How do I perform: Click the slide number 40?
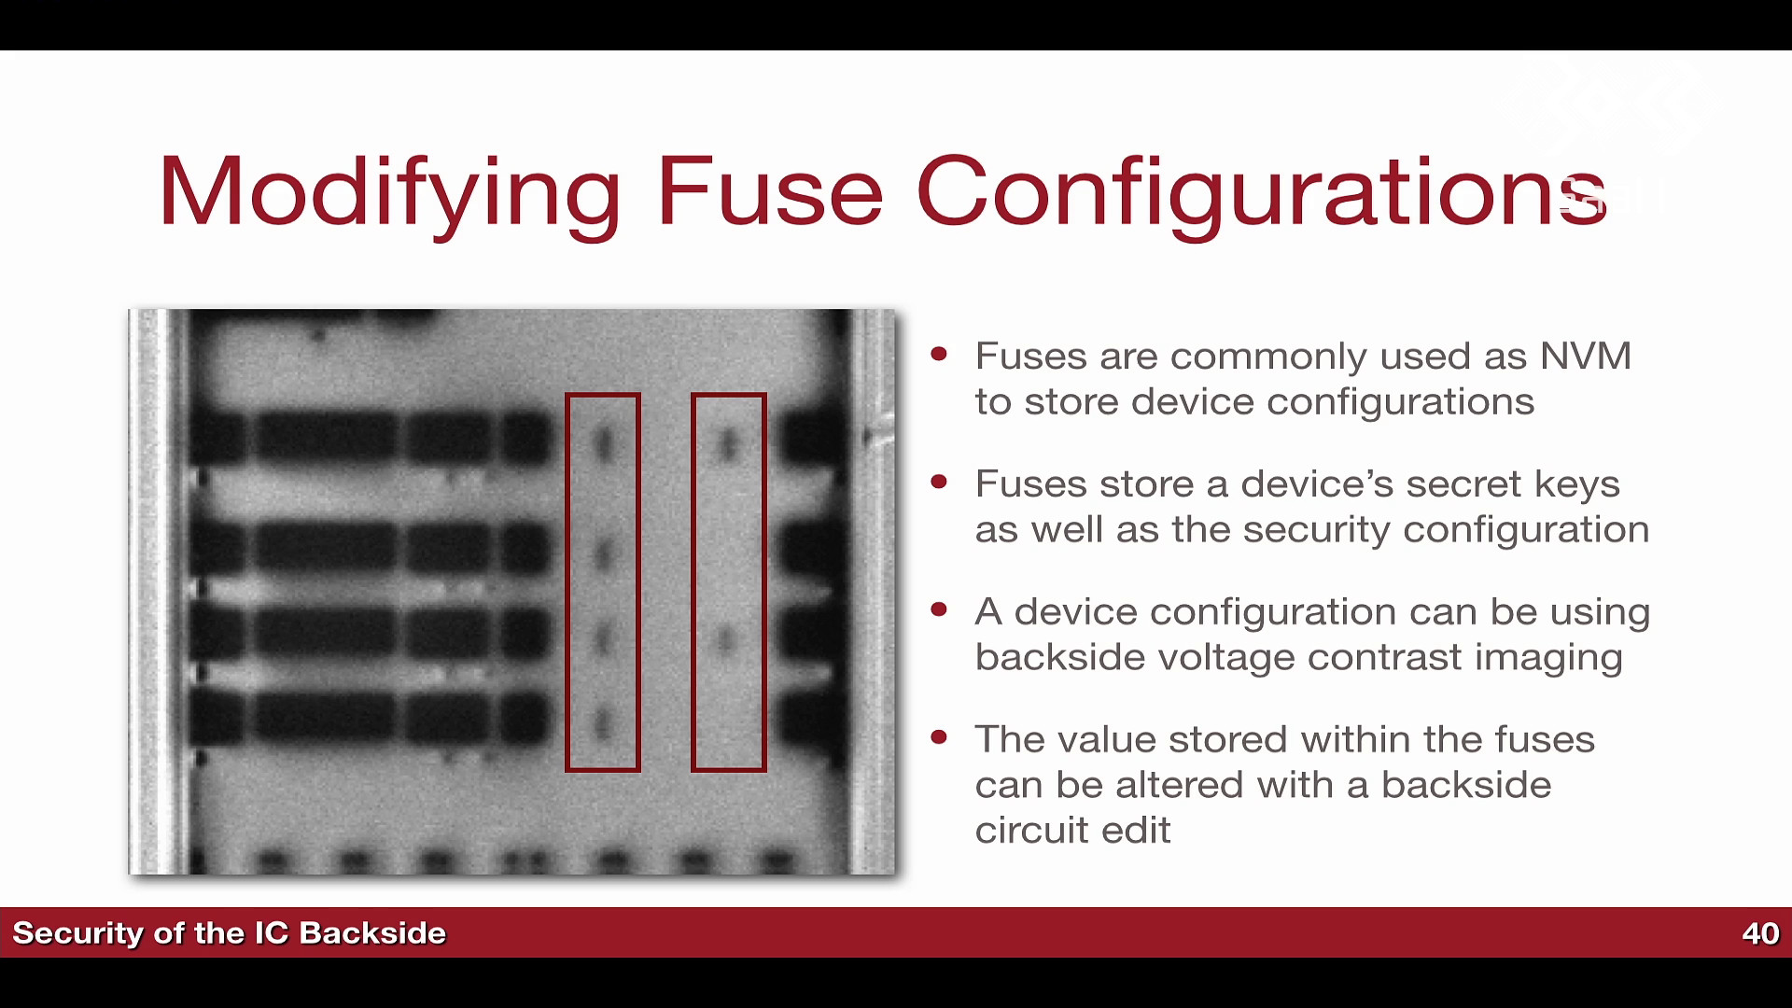coord(1760,933)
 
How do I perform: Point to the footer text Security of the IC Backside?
coord(230,933)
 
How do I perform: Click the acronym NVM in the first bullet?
coord(1586,357)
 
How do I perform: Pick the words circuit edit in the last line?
coord(1073,831)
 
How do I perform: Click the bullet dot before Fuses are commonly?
coord(939,354)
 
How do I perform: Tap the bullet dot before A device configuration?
coord(939,609)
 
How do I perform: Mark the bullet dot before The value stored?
coord(939,737)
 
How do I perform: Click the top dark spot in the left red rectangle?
coord(604,443)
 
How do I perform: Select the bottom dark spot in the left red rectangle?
coord(603,723)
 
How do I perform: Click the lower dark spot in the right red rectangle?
coord(726,640)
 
